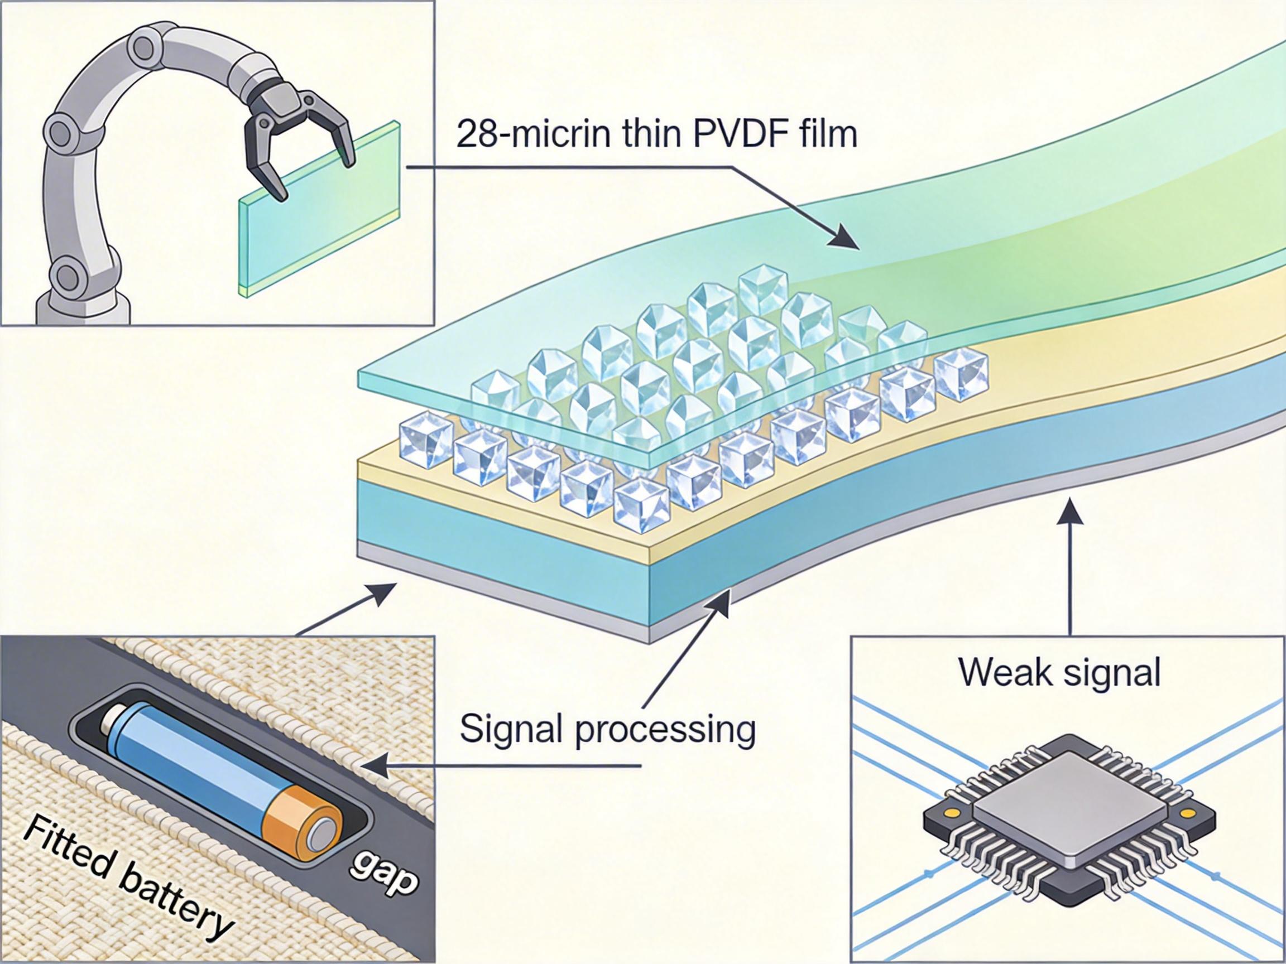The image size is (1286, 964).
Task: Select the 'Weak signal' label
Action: point(1059,673)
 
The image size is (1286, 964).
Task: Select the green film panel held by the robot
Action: point(320,233)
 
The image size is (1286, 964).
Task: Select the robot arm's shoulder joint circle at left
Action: point(61,131)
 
